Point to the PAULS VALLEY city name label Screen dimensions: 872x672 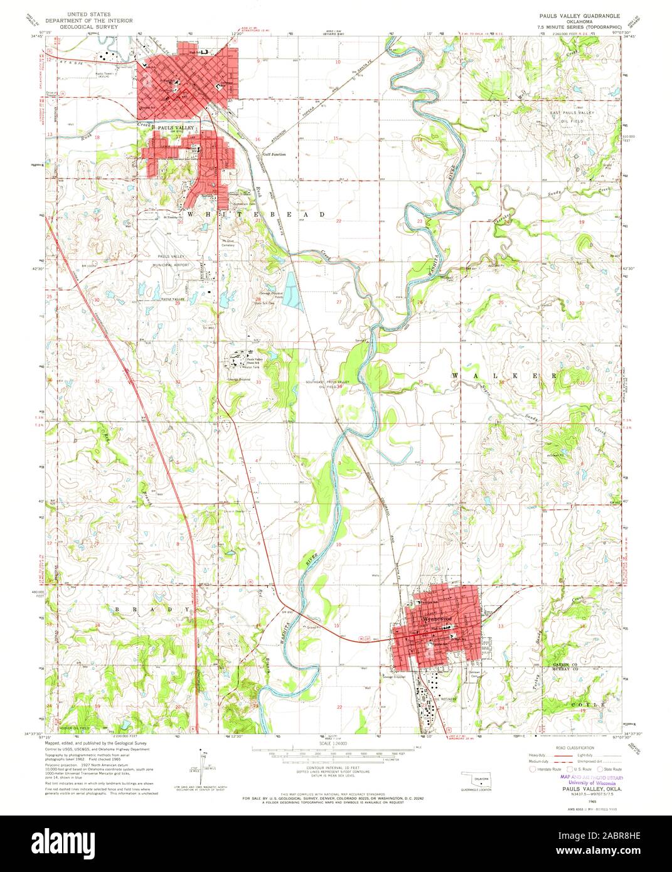(x=174, y=128)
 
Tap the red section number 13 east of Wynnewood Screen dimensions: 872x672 (x=501, y=626)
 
